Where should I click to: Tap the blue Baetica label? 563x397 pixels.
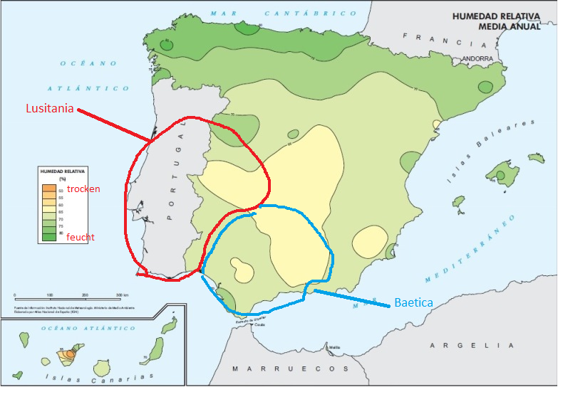click(414, 302)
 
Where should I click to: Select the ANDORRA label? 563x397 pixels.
click(477, 59)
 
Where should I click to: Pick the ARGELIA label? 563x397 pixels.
click(471, 345)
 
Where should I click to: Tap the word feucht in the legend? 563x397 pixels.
click(81, 237)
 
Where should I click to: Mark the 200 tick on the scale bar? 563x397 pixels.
click(85, 294)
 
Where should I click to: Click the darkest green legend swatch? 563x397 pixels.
click(48, 237)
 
